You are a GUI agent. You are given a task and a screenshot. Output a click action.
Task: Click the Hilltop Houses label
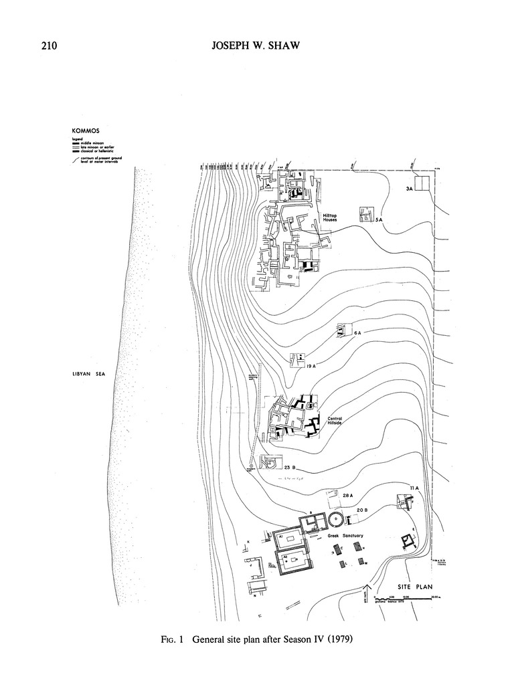(x=329, y=217)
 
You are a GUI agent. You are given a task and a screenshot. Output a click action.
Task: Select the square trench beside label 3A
(x=422, y=183)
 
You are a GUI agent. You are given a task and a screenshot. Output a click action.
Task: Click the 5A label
(x=378, y=219)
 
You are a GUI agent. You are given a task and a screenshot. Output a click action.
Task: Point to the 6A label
(x=357, y=332)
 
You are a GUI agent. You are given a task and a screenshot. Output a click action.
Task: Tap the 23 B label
(x=290, y=468)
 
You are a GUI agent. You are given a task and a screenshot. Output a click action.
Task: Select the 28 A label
(x=347, y=496)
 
